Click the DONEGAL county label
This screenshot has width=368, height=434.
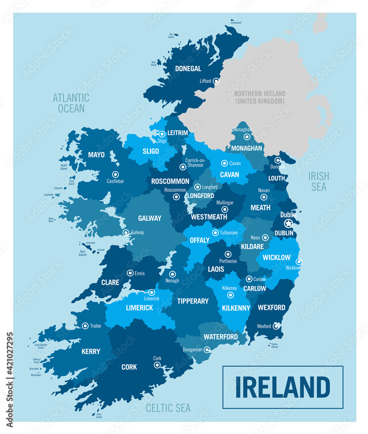click(x=188, y=69)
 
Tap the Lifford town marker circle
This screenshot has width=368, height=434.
click(x=216, y=81)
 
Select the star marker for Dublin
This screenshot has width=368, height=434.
click(x=288, y=223)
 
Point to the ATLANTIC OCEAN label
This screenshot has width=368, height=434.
click(x=71, y=103)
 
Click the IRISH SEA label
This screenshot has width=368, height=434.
click(x=319, y=181)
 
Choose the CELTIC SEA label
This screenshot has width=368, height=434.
click(x=168, y=408)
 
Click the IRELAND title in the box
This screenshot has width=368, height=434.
click(x=283, y=387)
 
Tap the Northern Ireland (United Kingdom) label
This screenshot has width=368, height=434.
click(x=260, y=97)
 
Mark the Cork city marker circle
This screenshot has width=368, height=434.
click(x=157, y=365)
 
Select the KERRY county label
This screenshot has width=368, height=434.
click(x=91, y=352)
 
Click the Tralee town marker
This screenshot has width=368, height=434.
click(x=85, y=325)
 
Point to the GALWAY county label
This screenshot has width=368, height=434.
click(x=150, y=218)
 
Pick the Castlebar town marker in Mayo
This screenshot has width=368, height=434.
click(x=115, y=174)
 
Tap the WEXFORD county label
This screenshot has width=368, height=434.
click(x=271, y=308)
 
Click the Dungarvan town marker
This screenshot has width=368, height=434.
click(x=207, y=349)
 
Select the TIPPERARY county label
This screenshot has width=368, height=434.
click(x=193, y=301)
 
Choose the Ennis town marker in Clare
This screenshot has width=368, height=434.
click(x=130, y=273)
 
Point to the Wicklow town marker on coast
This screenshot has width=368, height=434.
click(x=299, y=262)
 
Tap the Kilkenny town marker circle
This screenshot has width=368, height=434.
click(x=231, y=295)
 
